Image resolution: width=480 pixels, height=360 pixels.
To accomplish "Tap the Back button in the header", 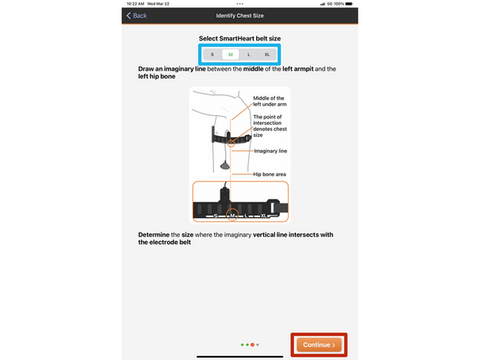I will coord(136,15).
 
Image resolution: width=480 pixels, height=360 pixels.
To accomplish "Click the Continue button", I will coord(319,345).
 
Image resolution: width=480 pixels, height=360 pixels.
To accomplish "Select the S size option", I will coord(212,54).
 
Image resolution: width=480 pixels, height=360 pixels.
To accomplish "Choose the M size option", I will coord(230,54).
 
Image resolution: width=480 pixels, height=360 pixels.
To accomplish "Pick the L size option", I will coord(249,54).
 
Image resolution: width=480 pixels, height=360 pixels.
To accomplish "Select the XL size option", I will coord(268,54).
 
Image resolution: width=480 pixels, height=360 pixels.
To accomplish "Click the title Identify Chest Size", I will coord(239,15).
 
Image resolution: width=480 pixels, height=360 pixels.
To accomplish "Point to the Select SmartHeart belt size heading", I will coord(239,38).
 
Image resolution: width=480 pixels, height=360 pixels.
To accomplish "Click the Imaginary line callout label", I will coord(270,150).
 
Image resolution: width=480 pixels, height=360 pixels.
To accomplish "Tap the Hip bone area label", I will coord(271,174).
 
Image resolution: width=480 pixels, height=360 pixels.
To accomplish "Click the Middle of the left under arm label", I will coord(271,101).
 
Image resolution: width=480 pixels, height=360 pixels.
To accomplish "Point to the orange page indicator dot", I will coord(252,345).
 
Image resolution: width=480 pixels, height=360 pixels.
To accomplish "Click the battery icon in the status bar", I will coord(350,4).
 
